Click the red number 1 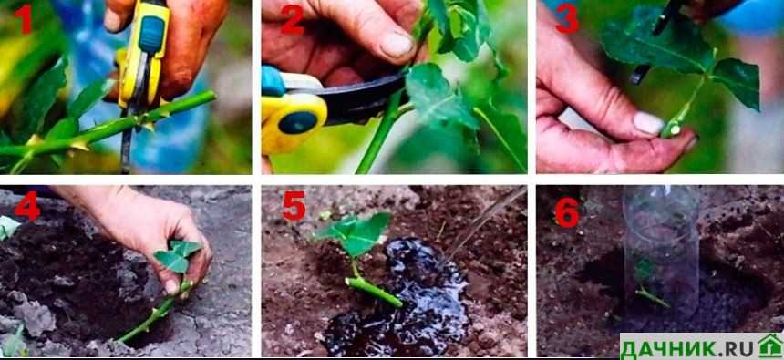pyautogui.click(x=23, y=19)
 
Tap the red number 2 pyautogui.click(x=293, y=20)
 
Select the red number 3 pyautogui.click(x=568, y=20)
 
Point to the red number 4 pyautogui.click(x=27, y=205)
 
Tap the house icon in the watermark pyautogui.click(x=770, y=345)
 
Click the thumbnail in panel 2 pyautogui.click(x=398, y=45)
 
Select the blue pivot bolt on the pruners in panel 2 pyautogui.click(x=296, y=122)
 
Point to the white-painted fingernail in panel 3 pyautogui.click(x=649, y=122)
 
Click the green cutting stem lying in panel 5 pyautogui.click(x=374, y=291)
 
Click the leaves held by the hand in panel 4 pyautogui.click(x=177, y=256)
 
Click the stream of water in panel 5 pyautogui.click(x=483, y=221)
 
